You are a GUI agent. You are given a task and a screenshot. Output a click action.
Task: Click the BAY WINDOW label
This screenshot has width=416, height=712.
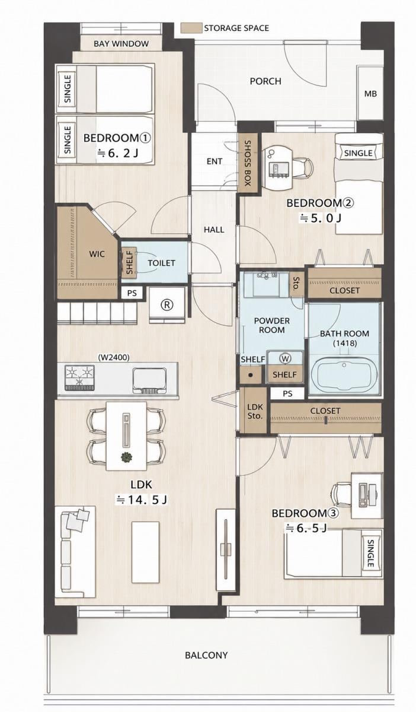(121, 43)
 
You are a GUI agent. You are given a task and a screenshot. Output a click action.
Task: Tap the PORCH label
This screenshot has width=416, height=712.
(265, 81)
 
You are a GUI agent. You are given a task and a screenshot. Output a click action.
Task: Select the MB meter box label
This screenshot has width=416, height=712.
(370, 94)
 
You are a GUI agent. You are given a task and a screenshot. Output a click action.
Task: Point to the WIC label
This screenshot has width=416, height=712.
(97, 254)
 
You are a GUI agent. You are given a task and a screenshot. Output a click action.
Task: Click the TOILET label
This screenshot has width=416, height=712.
(161, 263)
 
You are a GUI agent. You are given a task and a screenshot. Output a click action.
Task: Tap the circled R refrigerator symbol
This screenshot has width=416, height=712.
(167, 305)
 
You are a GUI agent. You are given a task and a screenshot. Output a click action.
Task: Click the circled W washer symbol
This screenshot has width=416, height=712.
(285, 358)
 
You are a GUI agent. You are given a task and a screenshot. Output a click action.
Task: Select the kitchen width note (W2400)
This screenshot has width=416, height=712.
(114, 358)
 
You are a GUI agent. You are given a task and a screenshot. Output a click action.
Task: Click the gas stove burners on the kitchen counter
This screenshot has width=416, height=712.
(80, 377)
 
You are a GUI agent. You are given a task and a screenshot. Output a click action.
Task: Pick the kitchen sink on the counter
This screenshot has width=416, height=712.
(149, 380)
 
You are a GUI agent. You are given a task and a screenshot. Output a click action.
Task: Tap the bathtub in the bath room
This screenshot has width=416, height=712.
(344, 377)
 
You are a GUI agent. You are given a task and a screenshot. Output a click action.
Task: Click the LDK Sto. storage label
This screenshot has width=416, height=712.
(255, 411)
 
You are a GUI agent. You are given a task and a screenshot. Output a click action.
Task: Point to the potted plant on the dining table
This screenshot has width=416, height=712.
(126, 457)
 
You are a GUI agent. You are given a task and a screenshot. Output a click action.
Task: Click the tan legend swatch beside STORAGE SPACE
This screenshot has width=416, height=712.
(191, 28)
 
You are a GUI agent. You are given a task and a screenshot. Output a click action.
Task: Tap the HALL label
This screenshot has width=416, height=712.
(214, 230)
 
